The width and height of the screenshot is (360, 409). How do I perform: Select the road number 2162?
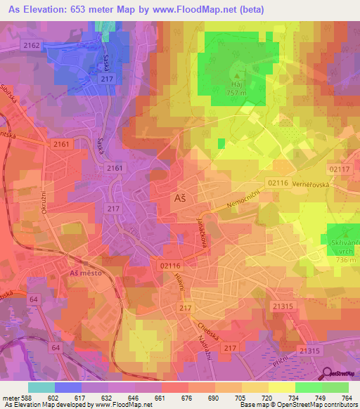point(32,45)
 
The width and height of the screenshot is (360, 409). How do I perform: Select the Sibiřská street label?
point(7,115)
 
